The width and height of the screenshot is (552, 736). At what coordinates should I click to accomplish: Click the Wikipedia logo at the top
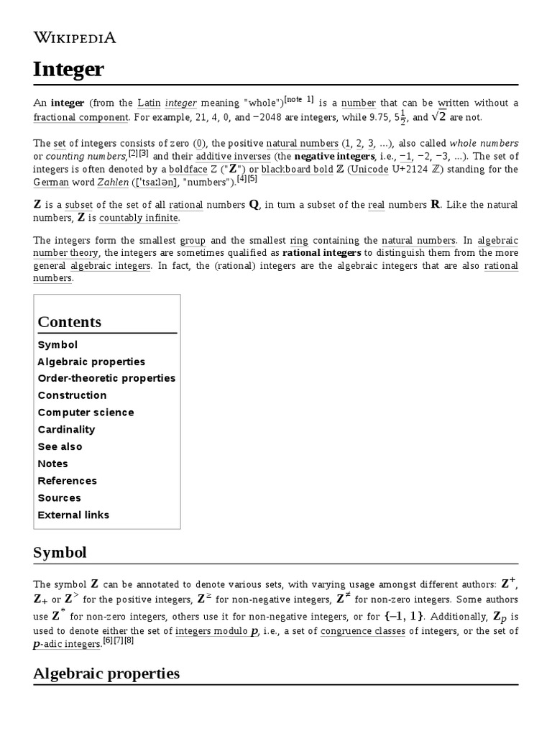(75, 37)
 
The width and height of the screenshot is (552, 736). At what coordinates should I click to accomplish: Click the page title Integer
(69, 70)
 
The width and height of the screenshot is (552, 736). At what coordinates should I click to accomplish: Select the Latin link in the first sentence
(149, 103)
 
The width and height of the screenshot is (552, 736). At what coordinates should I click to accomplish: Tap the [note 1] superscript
(299, 100)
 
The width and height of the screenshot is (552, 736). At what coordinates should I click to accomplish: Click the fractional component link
(81, 117)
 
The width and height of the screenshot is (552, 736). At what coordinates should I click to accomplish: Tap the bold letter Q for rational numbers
(253, 205)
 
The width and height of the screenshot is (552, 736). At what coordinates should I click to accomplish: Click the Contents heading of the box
(70, 322)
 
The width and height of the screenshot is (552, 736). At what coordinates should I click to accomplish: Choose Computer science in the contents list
(86, 413)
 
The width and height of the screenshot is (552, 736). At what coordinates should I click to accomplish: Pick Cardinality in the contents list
(66, 430)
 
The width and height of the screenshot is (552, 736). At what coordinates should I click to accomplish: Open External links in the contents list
(73, 515)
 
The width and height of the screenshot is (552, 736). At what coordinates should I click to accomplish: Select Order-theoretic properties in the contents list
(106, 378)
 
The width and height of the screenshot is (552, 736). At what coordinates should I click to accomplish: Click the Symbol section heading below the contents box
(60, 553)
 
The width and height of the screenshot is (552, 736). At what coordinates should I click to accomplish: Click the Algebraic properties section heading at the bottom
(106, 673)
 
